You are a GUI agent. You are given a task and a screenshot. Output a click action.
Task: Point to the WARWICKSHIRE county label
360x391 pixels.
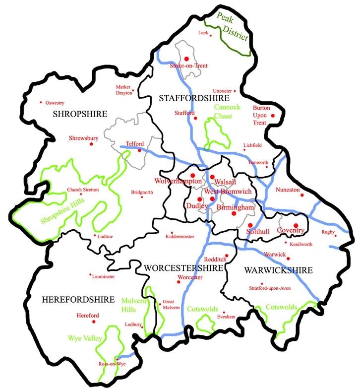[x=278, y=270]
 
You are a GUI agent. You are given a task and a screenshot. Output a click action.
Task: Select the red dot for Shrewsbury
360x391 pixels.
[x=91, y=144]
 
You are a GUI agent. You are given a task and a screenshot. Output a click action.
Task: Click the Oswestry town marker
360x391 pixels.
[x=41, y=103]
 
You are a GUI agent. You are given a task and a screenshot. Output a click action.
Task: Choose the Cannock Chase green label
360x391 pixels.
[x=227, y=112]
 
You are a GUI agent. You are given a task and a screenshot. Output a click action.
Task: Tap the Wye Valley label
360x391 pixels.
[x=85, y=338]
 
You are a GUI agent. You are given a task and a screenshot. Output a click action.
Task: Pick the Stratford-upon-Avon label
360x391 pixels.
[x=270, y=288]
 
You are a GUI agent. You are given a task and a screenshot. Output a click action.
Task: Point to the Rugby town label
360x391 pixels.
[x=328, y=232]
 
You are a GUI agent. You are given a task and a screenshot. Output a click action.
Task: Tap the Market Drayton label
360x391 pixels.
[x=124, y=89]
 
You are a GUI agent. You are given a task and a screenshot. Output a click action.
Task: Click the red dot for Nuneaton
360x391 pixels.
[x=301, y=195]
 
